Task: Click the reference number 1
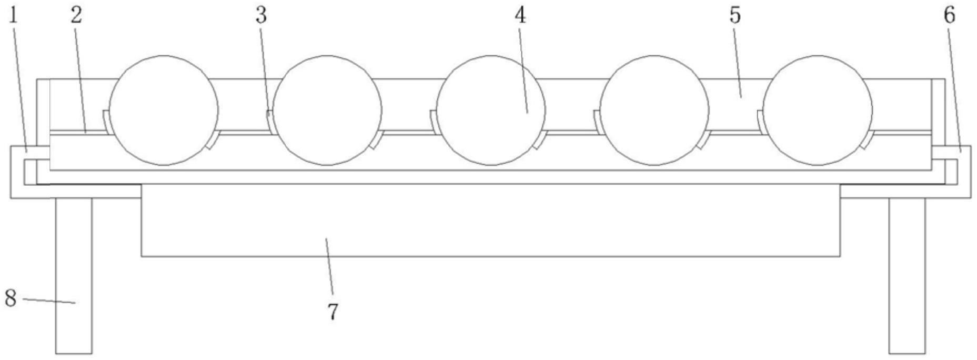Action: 13,16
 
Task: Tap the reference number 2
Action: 77,16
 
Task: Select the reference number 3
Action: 261,16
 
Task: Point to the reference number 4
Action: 520,16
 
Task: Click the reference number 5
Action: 734,16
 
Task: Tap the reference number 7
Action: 333,312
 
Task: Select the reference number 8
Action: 11,298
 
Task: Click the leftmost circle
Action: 164,111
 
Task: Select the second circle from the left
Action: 327,111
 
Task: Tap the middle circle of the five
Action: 491,111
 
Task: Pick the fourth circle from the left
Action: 654,111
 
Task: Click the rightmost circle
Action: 818,111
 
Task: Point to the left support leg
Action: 74,276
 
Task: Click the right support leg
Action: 907,276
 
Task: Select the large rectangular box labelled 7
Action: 490,220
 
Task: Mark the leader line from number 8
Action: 49,301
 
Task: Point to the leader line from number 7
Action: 329,266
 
